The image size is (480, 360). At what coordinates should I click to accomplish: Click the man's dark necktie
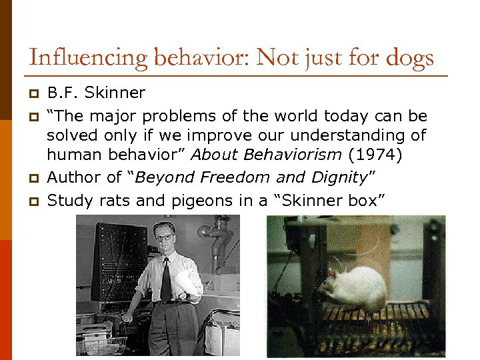[165, 280]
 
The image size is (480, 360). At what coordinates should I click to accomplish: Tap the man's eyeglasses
[164, 238]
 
